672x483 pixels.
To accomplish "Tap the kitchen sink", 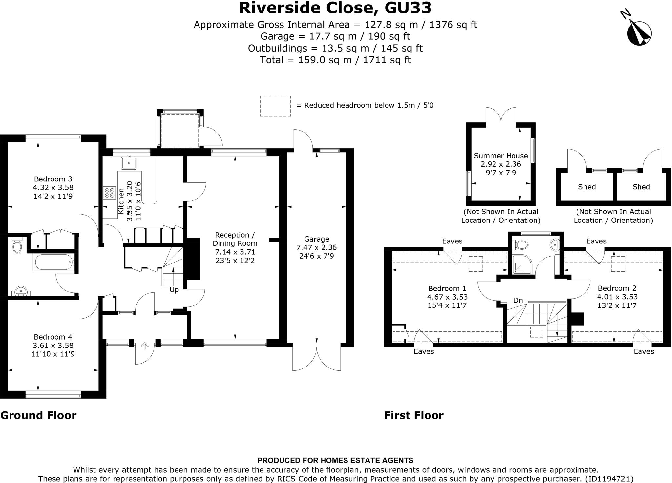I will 129,163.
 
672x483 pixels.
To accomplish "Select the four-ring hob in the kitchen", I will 110,193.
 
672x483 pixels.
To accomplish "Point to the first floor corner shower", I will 522,264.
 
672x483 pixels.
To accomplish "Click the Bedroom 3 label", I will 53,179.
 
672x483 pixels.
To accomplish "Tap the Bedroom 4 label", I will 53,337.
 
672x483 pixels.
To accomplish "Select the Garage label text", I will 316,239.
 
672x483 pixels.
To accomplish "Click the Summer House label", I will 501,156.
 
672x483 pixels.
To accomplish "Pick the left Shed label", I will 587,187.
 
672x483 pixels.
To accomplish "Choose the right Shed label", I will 641,187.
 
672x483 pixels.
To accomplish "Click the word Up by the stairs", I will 174,290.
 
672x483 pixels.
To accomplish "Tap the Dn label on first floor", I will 518,300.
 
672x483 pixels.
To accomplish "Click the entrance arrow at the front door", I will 145,346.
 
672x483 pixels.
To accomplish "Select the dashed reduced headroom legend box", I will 275,106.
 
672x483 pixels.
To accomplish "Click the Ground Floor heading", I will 38,415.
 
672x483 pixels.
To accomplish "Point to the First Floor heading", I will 413,415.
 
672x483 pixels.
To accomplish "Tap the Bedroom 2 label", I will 617,288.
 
